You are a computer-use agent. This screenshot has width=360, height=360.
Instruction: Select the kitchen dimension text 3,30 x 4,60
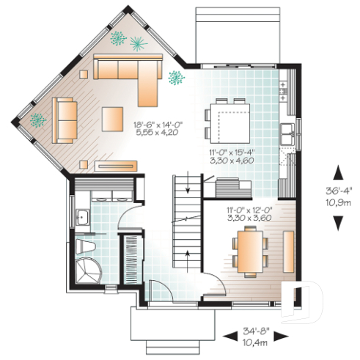(228, 163)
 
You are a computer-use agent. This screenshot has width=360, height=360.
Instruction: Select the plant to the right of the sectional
(175, 76)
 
